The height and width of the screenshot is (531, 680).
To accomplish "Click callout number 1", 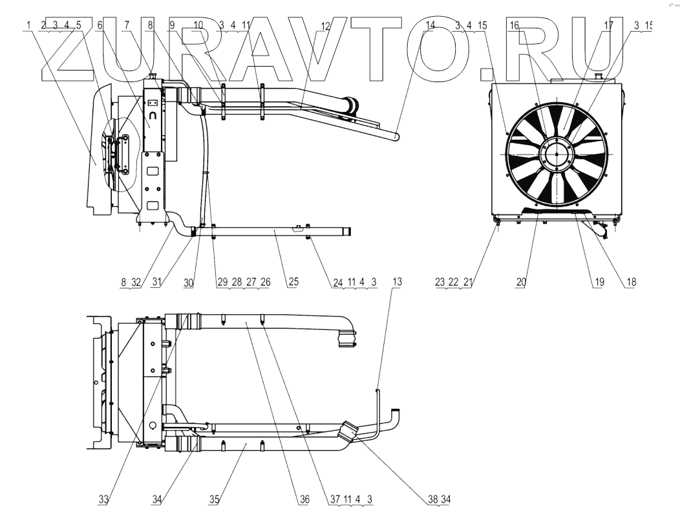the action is click(30, 25).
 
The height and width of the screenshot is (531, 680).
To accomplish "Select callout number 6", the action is click(100, 25).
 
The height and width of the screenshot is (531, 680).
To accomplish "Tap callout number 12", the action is click(325, 25).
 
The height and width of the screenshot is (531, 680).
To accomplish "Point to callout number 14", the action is click(430, 25).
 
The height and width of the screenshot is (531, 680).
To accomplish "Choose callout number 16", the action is click(515, 25).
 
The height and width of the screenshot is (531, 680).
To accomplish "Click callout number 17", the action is click(608, 25).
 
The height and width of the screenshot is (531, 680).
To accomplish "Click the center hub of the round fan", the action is click(556, 155).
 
